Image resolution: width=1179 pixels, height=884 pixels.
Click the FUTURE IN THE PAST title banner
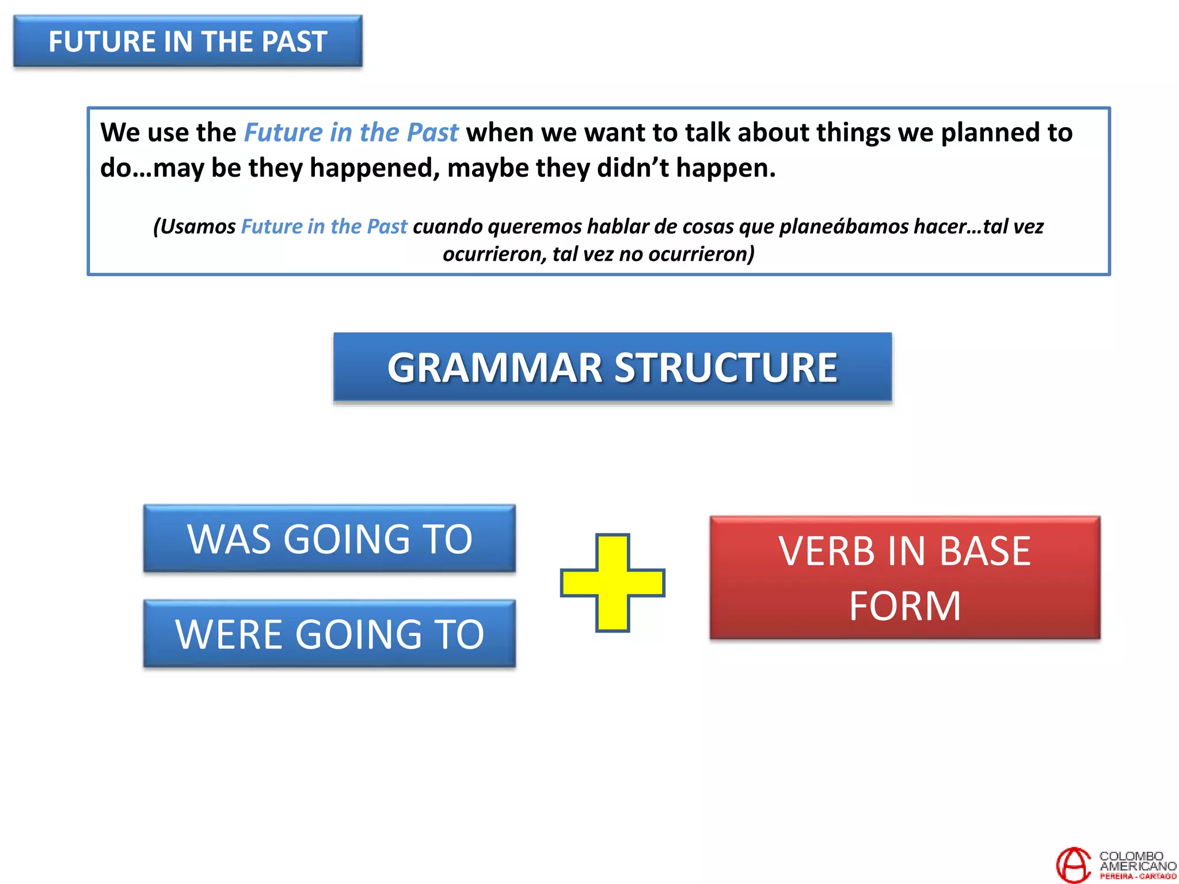188,41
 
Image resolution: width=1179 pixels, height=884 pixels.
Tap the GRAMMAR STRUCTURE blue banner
613,367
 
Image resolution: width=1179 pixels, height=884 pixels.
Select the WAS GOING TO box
329,539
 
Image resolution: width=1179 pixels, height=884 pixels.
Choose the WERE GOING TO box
329,634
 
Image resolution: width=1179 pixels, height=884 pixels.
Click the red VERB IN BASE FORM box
904,577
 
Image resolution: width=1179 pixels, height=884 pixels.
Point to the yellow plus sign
613,582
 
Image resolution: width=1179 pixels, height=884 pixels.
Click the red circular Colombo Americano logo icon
1073,864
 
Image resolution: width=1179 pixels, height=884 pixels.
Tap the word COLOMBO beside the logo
1131,856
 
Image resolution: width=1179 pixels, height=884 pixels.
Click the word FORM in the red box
904,606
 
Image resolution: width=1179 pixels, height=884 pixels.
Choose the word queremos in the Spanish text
535,227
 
